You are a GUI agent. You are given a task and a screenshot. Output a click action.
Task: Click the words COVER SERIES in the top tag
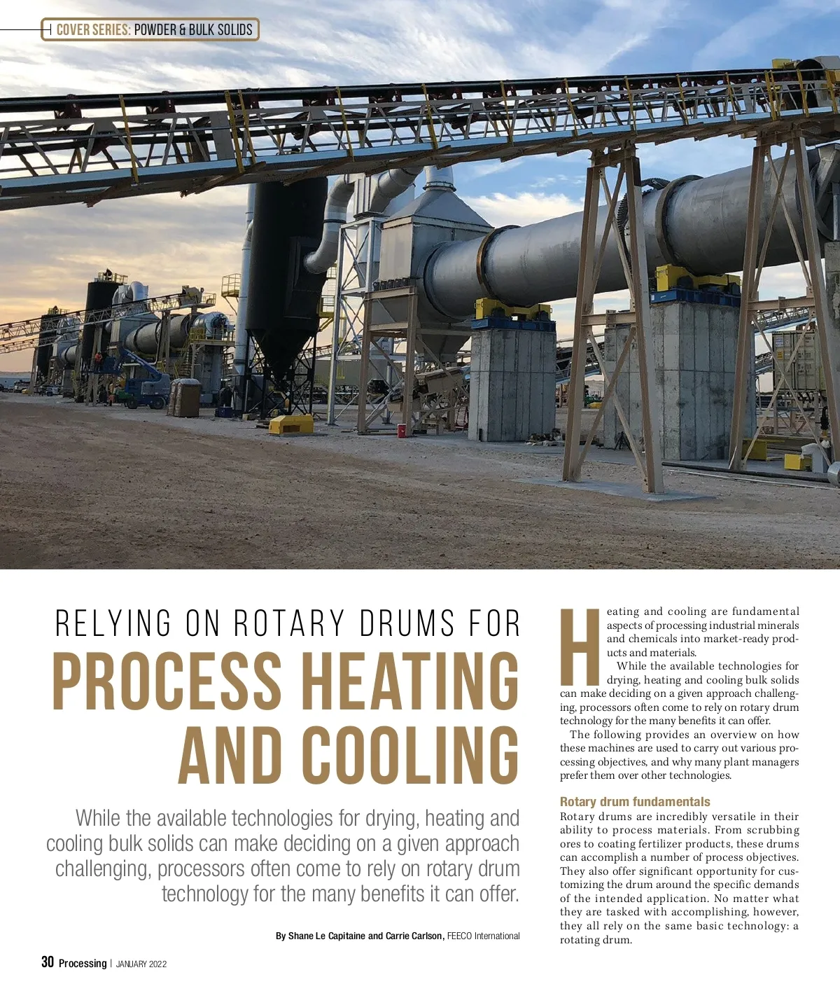(93, 29)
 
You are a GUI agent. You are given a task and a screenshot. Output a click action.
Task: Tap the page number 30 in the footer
(48, 962)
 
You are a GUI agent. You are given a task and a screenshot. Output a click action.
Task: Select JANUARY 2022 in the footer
(141, 964)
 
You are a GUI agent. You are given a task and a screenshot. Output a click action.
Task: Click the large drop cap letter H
(581, 648)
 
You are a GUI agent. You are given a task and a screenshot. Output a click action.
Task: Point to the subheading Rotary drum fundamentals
(634, 802)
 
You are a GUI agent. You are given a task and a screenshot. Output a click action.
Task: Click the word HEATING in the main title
(410, 681)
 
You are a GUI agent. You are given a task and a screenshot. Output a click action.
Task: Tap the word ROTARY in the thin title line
(289, 623)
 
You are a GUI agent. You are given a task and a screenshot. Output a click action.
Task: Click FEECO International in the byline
(483, 936)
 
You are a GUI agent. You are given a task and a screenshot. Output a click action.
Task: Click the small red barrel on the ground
(402, 429)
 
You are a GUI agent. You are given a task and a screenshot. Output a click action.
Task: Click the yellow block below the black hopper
(290, 424)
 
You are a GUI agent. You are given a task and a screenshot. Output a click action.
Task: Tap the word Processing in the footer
(83, 963)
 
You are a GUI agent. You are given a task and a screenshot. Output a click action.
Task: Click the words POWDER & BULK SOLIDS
(192, 29)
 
